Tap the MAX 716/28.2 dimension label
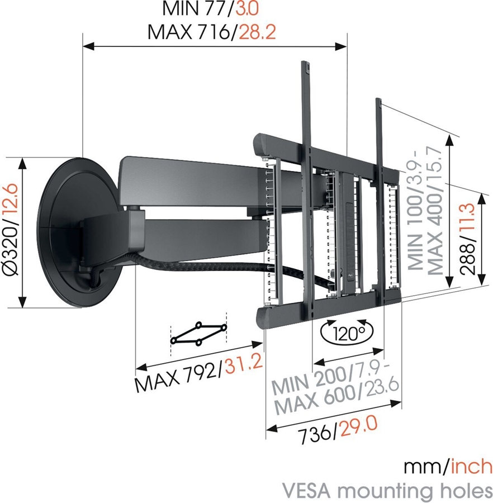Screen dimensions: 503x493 (212, 32)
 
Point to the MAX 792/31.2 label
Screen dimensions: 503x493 (198, 374)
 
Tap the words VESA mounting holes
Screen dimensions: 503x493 (388, 490)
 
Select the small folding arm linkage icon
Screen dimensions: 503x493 (198, 333)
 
